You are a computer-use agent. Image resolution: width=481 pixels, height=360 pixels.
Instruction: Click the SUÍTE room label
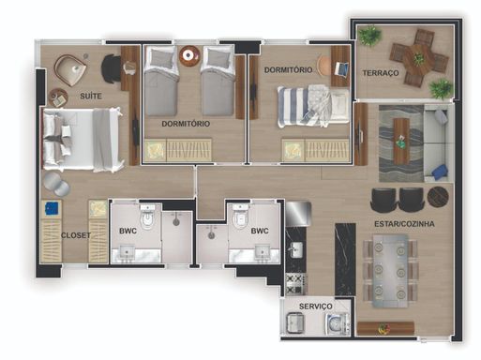[x=91, y=96]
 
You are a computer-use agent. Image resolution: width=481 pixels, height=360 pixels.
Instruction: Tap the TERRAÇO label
[x=381, y=73]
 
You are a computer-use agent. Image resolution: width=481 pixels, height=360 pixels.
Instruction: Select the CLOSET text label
[x=76, y=235]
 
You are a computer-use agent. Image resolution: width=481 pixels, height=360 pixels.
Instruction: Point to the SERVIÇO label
[x=316, y=307]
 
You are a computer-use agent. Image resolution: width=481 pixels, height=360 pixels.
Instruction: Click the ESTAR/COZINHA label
[x=404, y=224]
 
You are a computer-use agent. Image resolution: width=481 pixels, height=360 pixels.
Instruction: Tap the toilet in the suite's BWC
[x=147, y=217]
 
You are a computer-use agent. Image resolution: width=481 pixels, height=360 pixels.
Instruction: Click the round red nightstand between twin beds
[x=189, y=56]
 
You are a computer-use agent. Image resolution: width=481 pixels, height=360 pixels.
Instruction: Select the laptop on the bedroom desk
[x=341, y=68]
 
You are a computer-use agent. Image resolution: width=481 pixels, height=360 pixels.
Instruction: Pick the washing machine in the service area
[x=338, y=324]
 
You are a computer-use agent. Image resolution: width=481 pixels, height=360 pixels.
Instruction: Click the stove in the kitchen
[x=295, y=284]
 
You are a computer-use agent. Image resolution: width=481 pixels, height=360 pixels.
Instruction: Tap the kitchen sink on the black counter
[x=294, y=249]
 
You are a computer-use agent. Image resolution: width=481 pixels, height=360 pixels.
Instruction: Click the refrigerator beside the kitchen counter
[x=298, y=214]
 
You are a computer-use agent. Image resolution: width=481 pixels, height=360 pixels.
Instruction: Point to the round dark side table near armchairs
[x=438, y=197]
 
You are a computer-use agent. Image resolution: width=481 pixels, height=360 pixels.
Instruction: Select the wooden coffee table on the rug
[x=401, y=141]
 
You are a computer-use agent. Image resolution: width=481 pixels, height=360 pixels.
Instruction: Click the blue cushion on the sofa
[x=440, y=172]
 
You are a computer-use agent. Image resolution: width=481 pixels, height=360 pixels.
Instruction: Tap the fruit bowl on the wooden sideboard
[x=384, y=328]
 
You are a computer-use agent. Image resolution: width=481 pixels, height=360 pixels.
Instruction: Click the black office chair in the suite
[x=111, y=68]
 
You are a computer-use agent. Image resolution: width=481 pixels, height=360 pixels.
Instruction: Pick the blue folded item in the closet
[x=52, y=208]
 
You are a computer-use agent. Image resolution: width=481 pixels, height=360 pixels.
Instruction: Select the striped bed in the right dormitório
[x=313, y=107]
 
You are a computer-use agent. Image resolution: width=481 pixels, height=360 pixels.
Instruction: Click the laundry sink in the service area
[x=295, y=322]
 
